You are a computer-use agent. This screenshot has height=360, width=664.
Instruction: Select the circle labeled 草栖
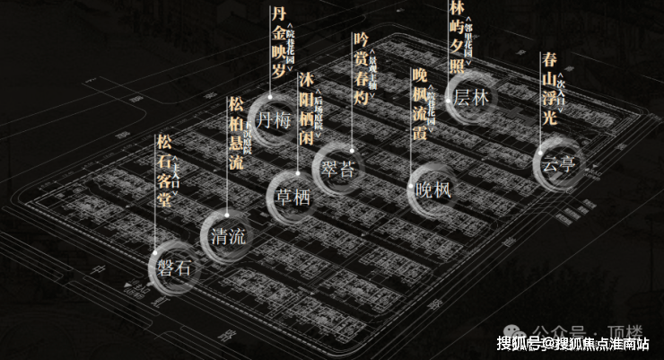click(x=294, y=197)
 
